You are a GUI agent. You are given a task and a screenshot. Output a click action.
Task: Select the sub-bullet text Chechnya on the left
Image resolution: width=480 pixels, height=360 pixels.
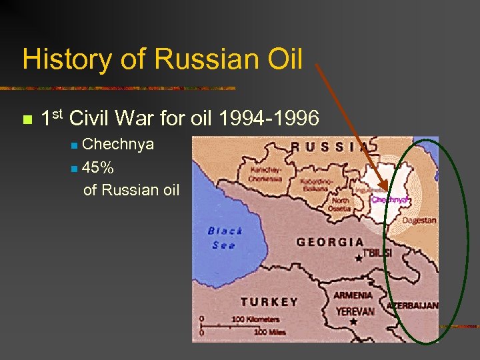tap(118, 145)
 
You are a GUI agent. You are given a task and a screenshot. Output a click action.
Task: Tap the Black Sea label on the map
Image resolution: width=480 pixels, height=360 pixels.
tap(225, 237)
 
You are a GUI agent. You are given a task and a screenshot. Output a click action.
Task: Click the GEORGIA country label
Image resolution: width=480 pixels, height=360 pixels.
tap(330, 243)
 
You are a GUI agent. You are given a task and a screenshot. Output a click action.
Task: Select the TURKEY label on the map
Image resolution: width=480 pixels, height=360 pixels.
tap(269, 302)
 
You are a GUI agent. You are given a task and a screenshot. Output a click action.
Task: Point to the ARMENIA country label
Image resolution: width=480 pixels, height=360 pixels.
tap(353, 295)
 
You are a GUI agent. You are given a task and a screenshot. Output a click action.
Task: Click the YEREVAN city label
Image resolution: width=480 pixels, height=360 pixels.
tap(353, 311)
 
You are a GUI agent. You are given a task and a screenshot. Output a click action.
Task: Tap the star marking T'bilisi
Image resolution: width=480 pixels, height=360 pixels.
tap(359, 258)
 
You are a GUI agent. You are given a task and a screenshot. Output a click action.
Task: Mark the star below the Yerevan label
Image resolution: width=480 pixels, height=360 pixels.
tap(353, 321)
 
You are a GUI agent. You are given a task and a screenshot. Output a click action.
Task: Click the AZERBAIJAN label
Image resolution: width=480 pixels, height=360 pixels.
tap(413, 305)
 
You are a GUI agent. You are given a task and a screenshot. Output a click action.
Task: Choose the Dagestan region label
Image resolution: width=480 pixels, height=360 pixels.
tap(420, 220)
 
